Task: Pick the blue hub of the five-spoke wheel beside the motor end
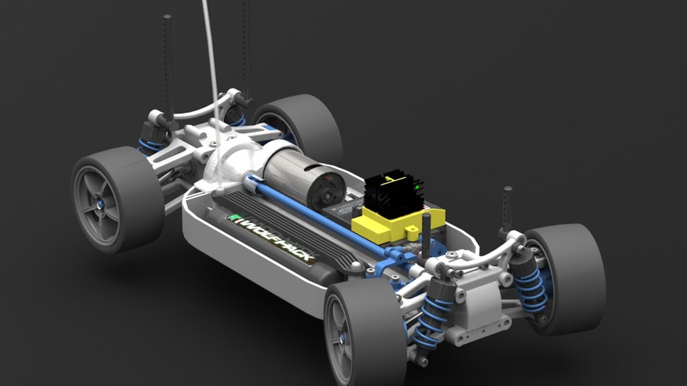pos(101,204)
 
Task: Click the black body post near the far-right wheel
pos(507,207)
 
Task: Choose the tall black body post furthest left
pos(167,64)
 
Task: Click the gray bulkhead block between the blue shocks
pos(476,300)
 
